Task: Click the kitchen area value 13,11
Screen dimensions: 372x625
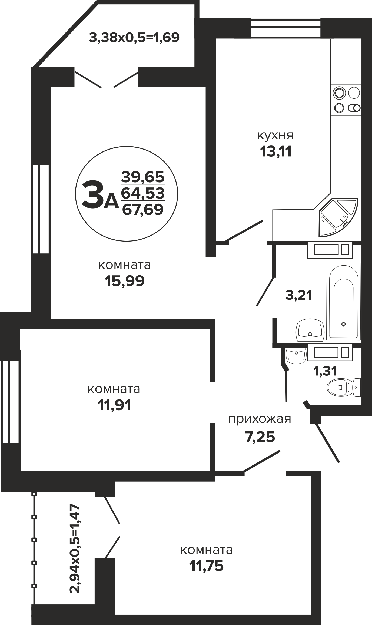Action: [276, 152]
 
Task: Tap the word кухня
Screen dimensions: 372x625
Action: [275, 135]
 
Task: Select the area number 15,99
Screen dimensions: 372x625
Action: [125, 281]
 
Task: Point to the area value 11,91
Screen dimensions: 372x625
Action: [114, 405]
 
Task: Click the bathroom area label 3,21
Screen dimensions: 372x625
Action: [299, 295]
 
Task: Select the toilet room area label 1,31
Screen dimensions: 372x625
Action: [325, 371]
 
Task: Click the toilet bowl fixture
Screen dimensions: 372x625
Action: [344, 387]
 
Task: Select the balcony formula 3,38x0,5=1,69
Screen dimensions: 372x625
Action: [134, 38]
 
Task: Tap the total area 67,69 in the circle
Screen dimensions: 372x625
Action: [143, 209]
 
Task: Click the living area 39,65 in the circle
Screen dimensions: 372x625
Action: [143, 177]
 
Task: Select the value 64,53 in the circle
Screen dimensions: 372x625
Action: [143, 193]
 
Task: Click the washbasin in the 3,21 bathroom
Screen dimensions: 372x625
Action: [310, 330]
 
